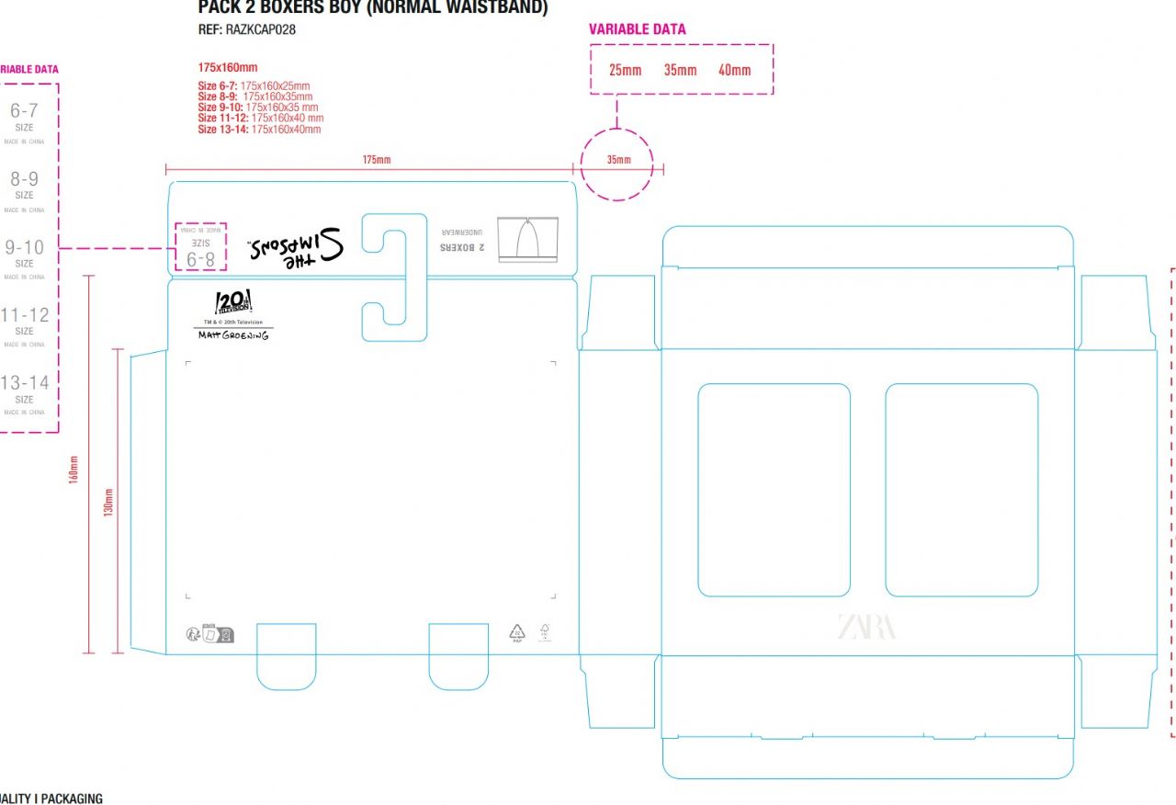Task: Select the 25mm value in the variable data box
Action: click(626, 70)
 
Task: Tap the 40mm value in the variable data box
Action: click(734, 70)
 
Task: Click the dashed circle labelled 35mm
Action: click(617, 163)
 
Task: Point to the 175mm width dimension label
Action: click(377, 160)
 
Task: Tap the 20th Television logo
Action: click(232, 302)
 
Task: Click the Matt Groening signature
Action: click(233, 335)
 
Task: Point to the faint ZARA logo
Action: click(866, 627)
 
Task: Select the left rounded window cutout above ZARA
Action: click(774, 490)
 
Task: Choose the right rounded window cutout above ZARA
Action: click(961, 490)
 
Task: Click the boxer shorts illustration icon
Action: click(528, 240)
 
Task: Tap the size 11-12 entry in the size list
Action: click(25, 321)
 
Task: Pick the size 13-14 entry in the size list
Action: click(25, 389)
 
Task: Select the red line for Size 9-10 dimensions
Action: click(258, 108)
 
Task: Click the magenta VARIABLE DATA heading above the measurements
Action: click(637, 29)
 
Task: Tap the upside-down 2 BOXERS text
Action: click(461, 246)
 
